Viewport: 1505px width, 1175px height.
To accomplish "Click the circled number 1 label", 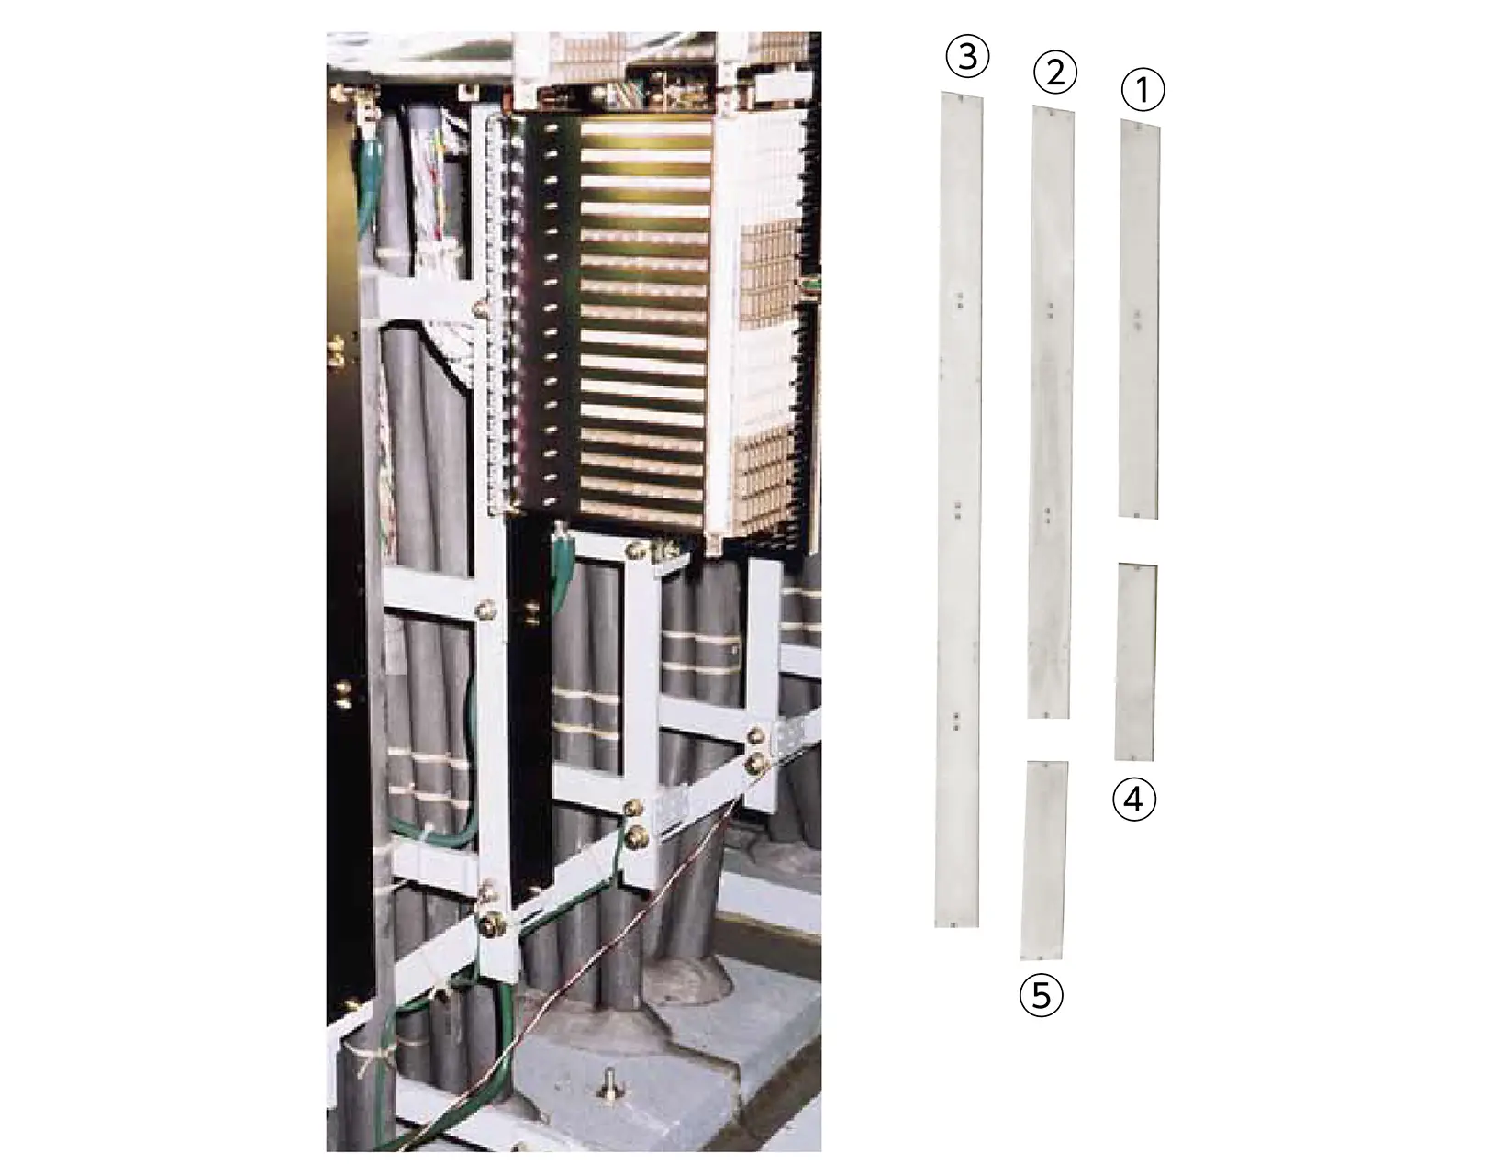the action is pos(1143,89).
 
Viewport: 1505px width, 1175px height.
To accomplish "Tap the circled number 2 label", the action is pos(1054,72).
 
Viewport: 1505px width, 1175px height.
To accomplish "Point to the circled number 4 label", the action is pos(1133,800).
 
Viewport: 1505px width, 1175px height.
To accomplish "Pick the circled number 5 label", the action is pos(1041,996).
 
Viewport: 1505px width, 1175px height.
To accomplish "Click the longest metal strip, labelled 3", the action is pos(958,509).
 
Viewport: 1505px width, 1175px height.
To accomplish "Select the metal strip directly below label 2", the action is pos(1051,412).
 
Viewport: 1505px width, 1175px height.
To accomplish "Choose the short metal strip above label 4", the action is pos(1136,662).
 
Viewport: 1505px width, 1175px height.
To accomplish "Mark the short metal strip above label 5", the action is pos(1044,860).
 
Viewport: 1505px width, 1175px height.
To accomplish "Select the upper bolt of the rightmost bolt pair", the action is pos(755,736).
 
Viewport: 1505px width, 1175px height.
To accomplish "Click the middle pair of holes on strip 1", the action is pos(1138,318).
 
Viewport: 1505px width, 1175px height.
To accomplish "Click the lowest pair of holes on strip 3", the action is pos(956,722).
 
